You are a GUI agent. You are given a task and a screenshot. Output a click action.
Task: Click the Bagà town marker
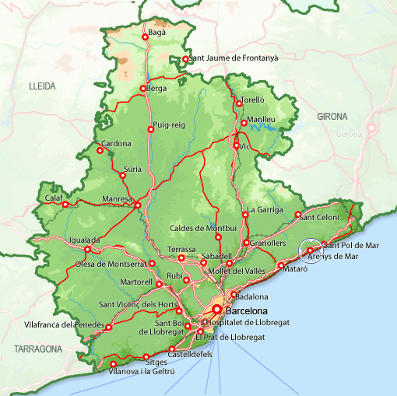tap(145, 37)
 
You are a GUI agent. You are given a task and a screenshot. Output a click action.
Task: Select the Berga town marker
tap(142, 89)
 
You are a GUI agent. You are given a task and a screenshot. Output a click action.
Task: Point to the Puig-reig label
tap(169, 125)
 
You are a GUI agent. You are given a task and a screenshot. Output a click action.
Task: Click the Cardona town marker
tap(99, 150)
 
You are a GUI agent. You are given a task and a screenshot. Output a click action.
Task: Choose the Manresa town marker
tap(137, 205)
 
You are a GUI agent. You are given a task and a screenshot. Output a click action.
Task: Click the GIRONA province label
tap(332, 117)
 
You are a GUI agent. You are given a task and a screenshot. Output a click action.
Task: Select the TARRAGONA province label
tap(32, 349)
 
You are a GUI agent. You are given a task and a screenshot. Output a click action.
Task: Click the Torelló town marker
tap(238, 103)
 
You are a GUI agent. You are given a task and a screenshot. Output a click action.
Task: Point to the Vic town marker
tap(236, 145)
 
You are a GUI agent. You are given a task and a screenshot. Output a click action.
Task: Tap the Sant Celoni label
tap(319, 217)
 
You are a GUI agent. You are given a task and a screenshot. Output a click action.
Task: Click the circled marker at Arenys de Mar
tap(310, 251)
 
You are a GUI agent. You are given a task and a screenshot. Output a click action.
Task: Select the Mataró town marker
tap(281, 267)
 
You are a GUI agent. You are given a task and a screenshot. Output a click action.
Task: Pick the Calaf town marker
tap(65, 205)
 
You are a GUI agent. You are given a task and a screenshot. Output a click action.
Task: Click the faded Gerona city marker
tap(371, 128)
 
